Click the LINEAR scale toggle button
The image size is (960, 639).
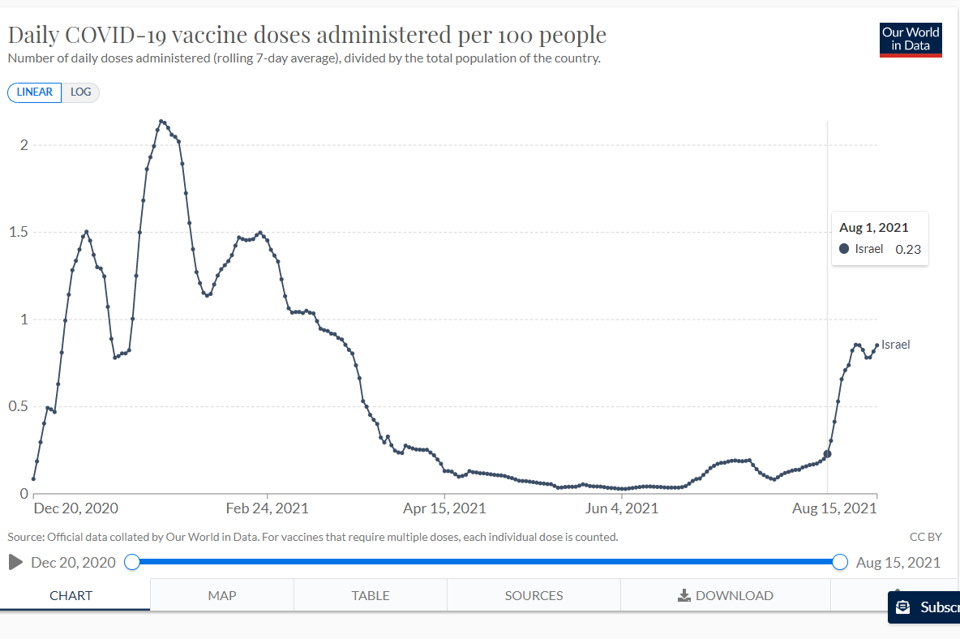pos(34,92)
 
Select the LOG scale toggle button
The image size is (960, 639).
pos(80,92)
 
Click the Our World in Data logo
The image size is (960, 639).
pos(911,39)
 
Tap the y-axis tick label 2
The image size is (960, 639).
pos(24,145)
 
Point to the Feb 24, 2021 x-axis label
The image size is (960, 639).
pos(267,508)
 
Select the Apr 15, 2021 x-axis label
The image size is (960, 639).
pos(444,508)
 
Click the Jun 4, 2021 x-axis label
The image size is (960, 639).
pos(621,508)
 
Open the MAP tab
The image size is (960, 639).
pos(221,595)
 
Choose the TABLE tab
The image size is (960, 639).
pos(370,595)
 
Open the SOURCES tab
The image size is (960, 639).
pos(534,595)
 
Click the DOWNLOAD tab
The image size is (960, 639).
pos(726,595)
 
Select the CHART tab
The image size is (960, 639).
pos(71,595)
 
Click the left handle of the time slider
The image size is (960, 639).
pos(132,562)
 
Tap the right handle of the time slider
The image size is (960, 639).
pos(840,562)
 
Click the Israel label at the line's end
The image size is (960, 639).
pos(896,345)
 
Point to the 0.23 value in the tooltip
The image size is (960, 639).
pos(908,250)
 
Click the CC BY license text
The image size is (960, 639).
pos(926,537)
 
